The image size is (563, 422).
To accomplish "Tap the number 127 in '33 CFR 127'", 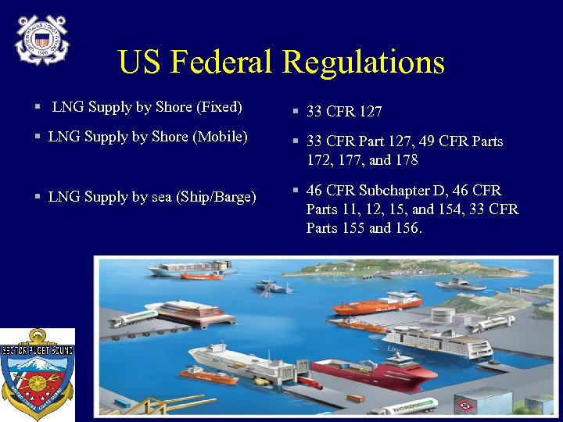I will click(370, 112).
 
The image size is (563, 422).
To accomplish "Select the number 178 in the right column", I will click(405, 160).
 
